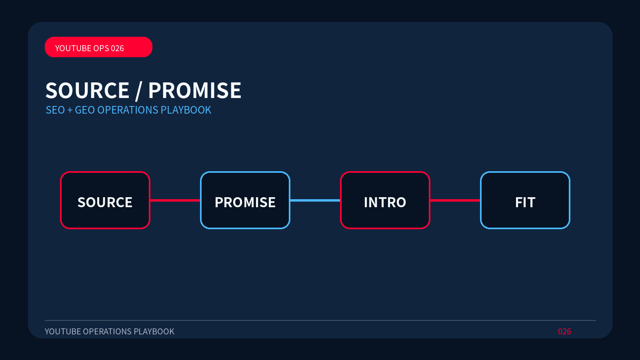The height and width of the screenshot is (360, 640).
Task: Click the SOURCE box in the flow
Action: [105, 200]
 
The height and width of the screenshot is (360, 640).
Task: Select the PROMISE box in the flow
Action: [245, 200]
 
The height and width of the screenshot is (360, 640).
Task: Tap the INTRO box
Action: [385, 200]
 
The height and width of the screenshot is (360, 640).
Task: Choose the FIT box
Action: [525, 200]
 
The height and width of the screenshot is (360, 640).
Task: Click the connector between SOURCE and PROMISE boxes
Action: [175, 200]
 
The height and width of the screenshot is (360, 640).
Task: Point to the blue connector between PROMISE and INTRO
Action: [315, 200]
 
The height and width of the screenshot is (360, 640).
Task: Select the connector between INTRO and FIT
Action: [455, 200]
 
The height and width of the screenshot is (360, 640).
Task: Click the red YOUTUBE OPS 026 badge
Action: [98, 47]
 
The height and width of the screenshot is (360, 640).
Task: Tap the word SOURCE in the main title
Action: [88, 90]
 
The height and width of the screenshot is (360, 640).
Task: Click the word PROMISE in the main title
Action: [194, 90]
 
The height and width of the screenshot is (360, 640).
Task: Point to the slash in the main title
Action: [138, 91]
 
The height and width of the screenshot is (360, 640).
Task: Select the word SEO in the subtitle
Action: [55, 110]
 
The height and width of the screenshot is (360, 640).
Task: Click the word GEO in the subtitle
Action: [85, 110]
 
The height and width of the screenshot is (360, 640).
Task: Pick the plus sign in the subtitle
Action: [70, 110]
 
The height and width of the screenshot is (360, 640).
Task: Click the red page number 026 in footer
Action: [564, 332]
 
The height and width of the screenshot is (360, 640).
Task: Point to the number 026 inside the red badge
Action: [117, 48]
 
